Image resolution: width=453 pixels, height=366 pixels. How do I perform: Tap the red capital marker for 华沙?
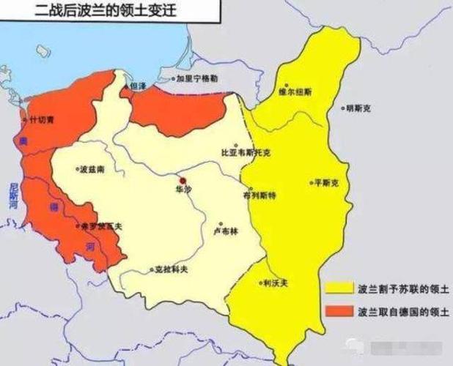click(x=183, y=179)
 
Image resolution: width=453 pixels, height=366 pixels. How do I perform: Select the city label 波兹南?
click(x=92, y=169)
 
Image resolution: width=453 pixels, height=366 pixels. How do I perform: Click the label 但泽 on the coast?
click(x=138, y=86)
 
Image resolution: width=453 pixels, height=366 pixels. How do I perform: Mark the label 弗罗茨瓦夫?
click(x=103, y=226)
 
